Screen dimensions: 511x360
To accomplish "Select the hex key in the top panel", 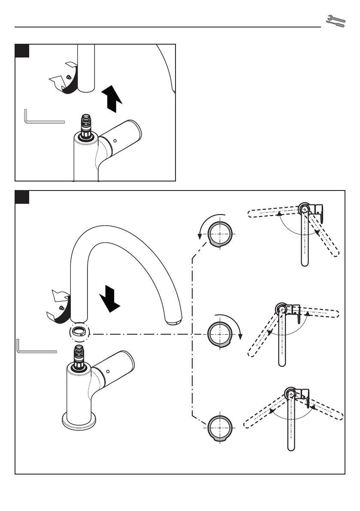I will [x=43, y=118].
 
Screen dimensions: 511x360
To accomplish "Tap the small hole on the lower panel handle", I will [x=108, y=371].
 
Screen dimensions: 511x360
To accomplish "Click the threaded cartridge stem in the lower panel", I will [x=80, y=354].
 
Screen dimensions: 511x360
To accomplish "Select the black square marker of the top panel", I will [x=22, y=51].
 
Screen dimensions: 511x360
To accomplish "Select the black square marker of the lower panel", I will [x=22, y=197].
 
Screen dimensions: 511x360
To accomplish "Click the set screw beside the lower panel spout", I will [x=62, y=308].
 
